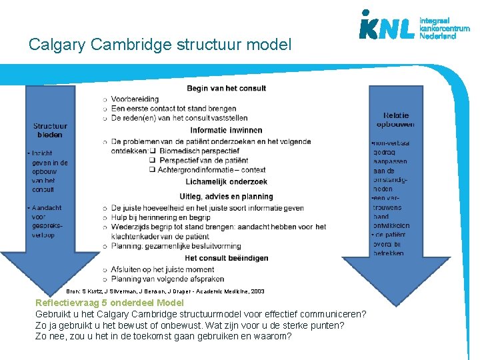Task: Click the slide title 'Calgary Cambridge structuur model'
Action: pos(160,45)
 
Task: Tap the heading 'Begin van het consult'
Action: pos(227,88)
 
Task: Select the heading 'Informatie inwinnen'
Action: pos(226,130)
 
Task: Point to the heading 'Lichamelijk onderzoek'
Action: pos(226,181)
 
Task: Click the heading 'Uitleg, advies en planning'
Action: pos(226,197)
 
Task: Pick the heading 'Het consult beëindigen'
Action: pos(226,258)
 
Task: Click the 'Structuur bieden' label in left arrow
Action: pos(51,130)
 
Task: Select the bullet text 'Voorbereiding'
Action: pos(135,99)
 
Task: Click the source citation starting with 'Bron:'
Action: pos(165,291)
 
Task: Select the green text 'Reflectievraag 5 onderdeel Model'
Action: pos(109,302)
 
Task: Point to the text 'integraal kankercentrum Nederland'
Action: pos(444,28)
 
